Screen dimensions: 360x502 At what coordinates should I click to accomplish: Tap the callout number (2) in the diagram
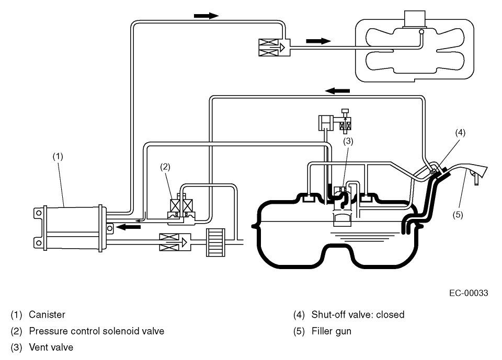click(x=165, y=167)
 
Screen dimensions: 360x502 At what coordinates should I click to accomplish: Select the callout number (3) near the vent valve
click(x=349, y=141)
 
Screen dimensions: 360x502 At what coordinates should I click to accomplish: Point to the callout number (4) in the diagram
click(x=460, y=132)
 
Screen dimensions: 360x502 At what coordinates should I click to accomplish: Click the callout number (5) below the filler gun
click(x=458, y=215)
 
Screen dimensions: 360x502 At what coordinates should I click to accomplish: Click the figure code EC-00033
click(x=468, y=293)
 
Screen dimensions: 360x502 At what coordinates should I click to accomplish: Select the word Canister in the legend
click(x=47, y=315)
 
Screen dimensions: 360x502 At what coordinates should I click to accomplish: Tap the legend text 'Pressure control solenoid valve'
click(x=96, y=331)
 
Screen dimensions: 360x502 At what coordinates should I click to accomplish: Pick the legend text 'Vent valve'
click(x=51, y=347)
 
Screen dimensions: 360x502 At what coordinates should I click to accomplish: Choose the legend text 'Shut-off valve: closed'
click(x=358, y=315)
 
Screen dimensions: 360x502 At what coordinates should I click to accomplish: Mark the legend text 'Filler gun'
click(x=332, y=331)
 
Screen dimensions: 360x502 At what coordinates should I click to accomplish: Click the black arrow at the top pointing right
click(x=206, y=16)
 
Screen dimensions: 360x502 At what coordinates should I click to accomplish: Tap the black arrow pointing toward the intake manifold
click(x=318, y=41)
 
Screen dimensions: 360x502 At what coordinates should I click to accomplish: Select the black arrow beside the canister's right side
click(x=128, y=227)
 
